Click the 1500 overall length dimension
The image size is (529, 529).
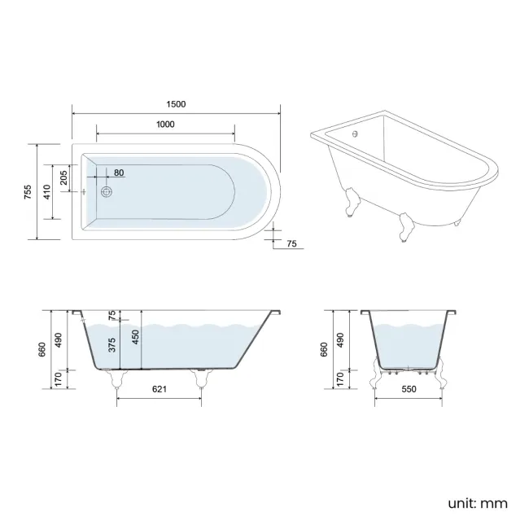coord(176,103)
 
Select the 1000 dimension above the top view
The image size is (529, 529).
coord(165,124)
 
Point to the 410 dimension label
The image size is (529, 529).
coord(46,193)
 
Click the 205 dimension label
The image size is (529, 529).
coord(63,176)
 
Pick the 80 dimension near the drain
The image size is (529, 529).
coord(119,173)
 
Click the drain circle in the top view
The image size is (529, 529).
coord(106,193)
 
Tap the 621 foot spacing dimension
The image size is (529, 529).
coord(160,390)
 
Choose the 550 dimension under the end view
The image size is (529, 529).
coord(409,390)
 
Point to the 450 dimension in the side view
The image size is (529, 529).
coord(136,336)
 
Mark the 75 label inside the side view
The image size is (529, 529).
coord(111,316)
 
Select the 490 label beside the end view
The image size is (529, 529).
coord(340,338)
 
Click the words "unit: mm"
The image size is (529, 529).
coord(478,503)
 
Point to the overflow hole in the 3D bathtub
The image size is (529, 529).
coord(354,131)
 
